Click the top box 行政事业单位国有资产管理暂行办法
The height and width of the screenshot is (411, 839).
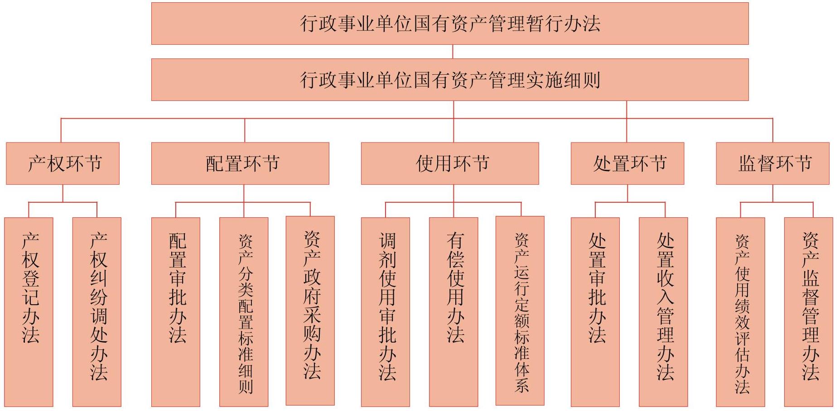click(450, 24)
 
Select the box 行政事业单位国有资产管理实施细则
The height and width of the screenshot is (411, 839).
click(450, 80)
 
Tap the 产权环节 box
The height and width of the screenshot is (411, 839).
click(63, 163)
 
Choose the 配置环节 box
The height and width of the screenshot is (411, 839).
click(240, 163)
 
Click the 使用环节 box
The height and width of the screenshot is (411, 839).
click(450, 163)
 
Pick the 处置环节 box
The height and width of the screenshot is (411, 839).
click(627, 163)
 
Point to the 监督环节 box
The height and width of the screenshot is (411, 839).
click(773, 163)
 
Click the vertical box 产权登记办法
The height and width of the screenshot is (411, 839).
click(29, 312)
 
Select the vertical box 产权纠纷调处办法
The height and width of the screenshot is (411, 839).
click(97, 312)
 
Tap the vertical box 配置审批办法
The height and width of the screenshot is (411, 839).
click(176, 312)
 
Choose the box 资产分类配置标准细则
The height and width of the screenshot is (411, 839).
click(244, 312)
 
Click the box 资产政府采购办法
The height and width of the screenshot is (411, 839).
click(310, 311)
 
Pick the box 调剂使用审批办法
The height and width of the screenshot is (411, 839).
click(386, 312)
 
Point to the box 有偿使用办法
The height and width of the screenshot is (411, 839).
click(453, 312)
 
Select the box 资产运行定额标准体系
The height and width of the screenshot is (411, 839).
click(520, 311)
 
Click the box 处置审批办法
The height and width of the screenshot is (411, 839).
click(595, 312)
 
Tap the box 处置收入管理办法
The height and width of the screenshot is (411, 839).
click(663, 312)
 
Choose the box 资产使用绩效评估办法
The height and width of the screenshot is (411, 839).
click(741, 312)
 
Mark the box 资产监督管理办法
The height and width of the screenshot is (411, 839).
click(809, 312)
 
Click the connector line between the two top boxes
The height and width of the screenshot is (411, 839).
click(453, 52)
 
